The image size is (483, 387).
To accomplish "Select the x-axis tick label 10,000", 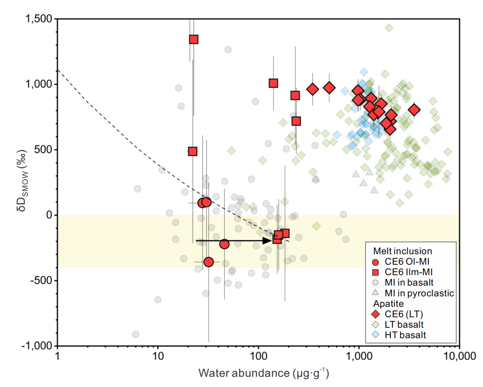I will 459,356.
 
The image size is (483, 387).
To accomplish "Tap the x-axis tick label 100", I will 258,356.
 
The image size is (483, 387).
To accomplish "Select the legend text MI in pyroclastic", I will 419,293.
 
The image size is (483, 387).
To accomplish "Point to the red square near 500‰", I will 193,151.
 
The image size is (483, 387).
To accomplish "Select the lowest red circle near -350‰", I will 208,262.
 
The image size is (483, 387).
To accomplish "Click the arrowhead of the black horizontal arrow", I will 269,241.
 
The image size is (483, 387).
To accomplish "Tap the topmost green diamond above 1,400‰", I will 389,28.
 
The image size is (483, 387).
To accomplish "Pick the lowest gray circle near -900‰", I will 136,334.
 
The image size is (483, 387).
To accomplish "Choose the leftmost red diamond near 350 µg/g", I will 313,89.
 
